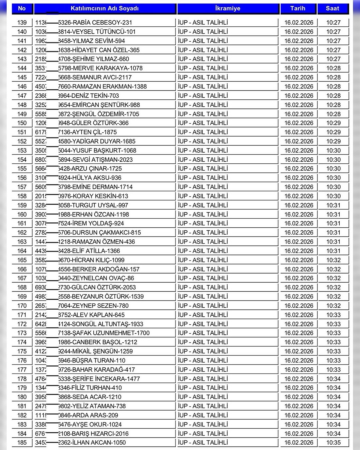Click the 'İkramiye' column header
pos(228,8)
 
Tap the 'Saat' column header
pos(332,8)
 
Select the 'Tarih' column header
pos(298,8)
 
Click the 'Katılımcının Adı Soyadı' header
pos(105,8)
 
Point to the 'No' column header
pos(22,8)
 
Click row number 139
pos(22,23)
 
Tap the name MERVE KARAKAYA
pos(100,68)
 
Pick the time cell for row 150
pos(333,123)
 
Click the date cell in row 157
pos(299,187)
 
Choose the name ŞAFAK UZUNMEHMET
pos(104,333)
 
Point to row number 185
pos(22,443)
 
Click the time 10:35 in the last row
pos(333,443)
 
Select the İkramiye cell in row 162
pos(203,233)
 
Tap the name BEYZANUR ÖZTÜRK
pos(101,297)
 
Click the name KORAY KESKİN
pos(93,196)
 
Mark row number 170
pos(22,306)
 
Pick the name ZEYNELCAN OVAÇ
pos(96,278)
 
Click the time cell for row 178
pos(333,379)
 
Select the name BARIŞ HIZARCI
pos(93,434)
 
